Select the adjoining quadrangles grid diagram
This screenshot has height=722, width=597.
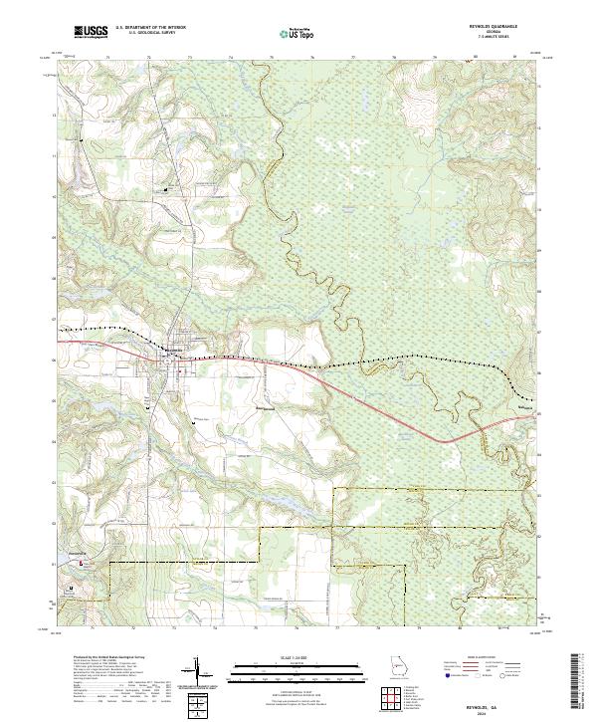391,699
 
